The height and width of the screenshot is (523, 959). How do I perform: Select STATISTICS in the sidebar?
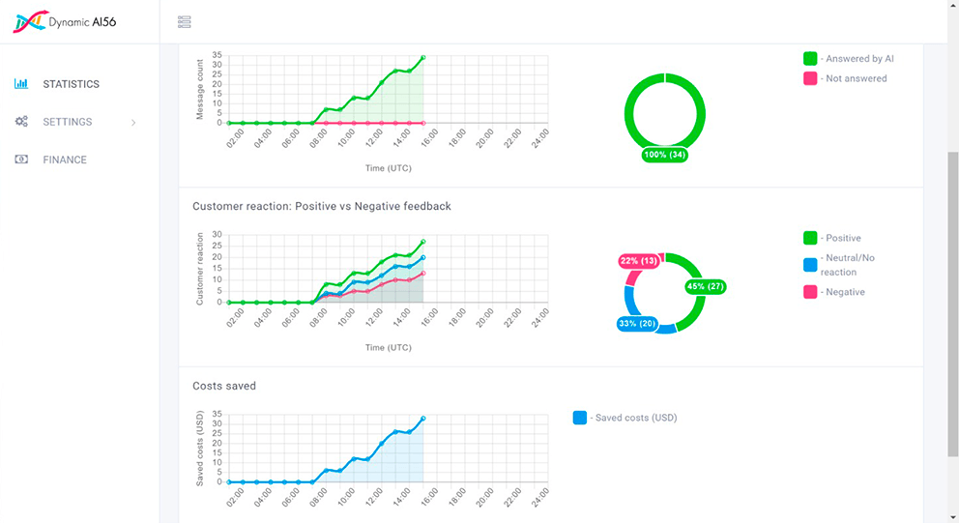(x=71, y=84)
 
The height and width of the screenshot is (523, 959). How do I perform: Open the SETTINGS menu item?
(x=67, y=122)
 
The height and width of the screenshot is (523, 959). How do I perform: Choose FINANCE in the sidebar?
(x=64, y=160)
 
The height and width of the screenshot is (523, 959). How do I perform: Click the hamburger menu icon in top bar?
(x=184, y=22)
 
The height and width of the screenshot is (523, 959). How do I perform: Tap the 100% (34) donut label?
(x=665, y=155)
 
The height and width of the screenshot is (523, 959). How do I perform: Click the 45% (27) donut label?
(x=705, y=287)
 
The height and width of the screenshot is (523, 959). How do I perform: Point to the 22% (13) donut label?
(x=638, y=261)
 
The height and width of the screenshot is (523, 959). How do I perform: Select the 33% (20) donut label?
(x=636, y=324)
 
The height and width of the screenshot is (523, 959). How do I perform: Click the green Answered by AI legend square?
(x=810, y=59)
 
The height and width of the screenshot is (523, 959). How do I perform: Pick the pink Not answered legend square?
(x=810, y=78)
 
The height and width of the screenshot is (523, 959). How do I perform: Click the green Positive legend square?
(x=810, y=238)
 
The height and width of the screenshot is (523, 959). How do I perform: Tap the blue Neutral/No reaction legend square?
(x=810, y=265)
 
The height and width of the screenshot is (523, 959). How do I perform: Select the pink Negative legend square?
(x=810, y=292)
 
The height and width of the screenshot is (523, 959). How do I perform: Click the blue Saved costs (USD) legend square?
(x=580, y=418)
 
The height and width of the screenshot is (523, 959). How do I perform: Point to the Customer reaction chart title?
(x=322, y=206)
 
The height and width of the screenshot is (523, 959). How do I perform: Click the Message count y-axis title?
(x=200, y=90)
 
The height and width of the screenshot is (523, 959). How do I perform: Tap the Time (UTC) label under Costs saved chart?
(x=387, y=518)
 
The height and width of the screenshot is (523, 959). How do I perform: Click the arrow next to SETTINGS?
(x=133, y=123)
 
